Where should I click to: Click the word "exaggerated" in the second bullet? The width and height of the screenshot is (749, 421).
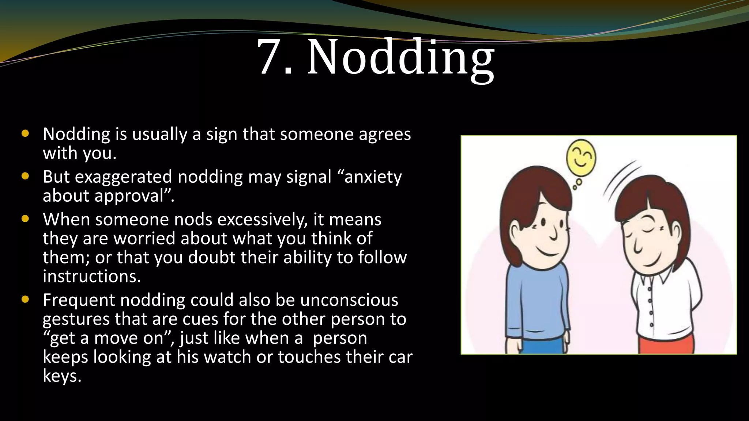pos(123,177)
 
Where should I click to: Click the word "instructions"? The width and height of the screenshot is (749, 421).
pos(91,277)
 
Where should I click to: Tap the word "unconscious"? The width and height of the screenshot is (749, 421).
pos(349,300)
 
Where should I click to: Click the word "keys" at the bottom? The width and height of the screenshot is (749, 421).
pos(61,376)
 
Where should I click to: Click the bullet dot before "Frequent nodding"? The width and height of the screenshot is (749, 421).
pos(25,300)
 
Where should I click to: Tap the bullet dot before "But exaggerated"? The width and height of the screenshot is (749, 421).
pos(25,177)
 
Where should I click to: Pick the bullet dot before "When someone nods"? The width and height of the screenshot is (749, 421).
pos(25,219)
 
